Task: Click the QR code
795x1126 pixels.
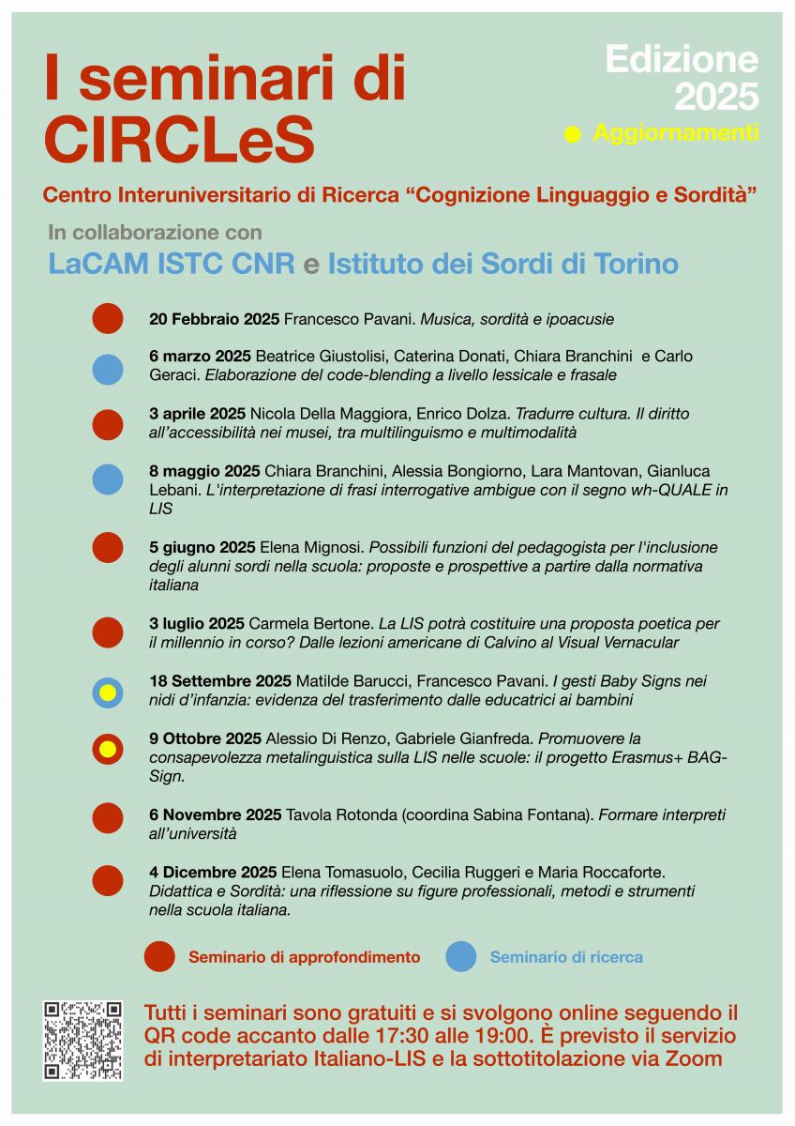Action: (x=82, y=1040)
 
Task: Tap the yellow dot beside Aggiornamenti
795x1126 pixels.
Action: (x=573, y=134)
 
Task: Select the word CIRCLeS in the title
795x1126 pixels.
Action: (x=179, y=139)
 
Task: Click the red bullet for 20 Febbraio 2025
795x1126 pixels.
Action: (x=108, y=319)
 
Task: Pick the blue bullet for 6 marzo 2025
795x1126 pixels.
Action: (x=108, y=369)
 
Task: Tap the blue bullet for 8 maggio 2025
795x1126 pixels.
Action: (x=108, y=479)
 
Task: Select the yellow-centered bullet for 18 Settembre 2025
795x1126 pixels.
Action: (x=108, y=693)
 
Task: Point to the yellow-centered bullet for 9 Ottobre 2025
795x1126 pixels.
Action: (x=108, y=750)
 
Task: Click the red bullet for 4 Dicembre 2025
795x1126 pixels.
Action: (x=108, y=880)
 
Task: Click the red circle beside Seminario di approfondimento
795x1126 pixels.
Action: (x=159, y=957)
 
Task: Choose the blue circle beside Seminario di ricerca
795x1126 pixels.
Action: (x=461, y=957)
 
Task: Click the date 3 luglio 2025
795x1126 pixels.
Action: (x=197, y=624)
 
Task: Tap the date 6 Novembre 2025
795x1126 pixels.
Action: (x=215, y=814)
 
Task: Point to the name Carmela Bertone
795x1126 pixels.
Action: (x=310, y=624)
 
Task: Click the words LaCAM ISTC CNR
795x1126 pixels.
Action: (x=172, y=264)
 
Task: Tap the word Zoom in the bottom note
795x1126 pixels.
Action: (x=699, y=1058)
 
